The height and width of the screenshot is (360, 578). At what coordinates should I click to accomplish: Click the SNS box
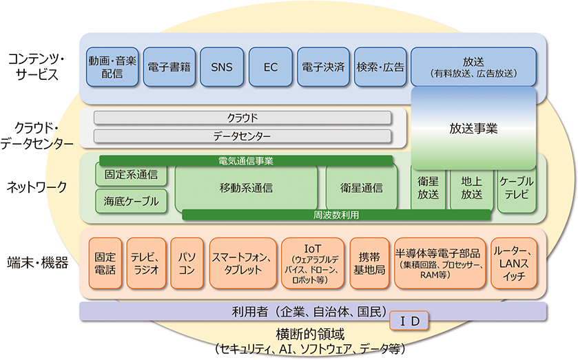tap(222, 67)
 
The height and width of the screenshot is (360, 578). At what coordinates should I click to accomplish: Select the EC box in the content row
tap(271, 67)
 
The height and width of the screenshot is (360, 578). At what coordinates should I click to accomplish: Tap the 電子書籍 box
tap(169, 67)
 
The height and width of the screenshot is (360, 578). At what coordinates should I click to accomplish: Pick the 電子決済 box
tap(323, 67)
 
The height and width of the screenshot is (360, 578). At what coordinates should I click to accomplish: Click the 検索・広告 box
tap(380, 67)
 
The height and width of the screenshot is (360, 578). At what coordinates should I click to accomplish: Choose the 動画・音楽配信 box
tap(112, 67)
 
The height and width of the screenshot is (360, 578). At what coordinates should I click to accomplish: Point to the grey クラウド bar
tap(242, 118)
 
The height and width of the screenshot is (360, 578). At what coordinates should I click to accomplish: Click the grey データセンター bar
tap(242, 136)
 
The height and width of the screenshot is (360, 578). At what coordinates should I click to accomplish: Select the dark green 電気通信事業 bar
tap(246, 160)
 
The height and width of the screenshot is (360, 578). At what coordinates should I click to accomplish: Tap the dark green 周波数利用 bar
tap(336, 215)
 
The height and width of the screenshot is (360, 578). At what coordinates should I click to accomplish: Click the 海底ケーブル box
tap(131, 201)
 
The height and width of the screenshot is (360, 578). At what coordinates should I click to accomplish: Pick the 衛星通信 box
tap(362, 188)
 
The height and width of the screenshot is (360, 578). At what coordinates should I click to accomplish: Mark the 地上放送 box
tap(472, 189)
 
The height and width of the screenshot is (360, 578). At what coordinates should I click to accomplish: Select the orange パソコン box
tap(187, 263)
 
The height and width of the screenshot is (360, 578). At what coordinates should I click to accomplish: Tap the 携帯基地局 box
tap(369, 263)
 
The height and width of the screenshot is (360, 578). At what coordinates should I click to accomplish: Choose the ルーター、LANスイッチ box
tap(514, 263)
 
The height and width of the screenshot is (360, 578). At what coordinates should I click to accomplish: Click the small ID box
tap(409, 321)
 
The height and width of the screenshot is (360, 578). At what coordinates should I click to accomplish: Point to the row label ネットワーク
tap(37, 187)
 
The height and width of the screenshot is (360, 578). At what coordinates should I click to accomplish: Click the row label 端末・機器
tap(38, 263)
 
